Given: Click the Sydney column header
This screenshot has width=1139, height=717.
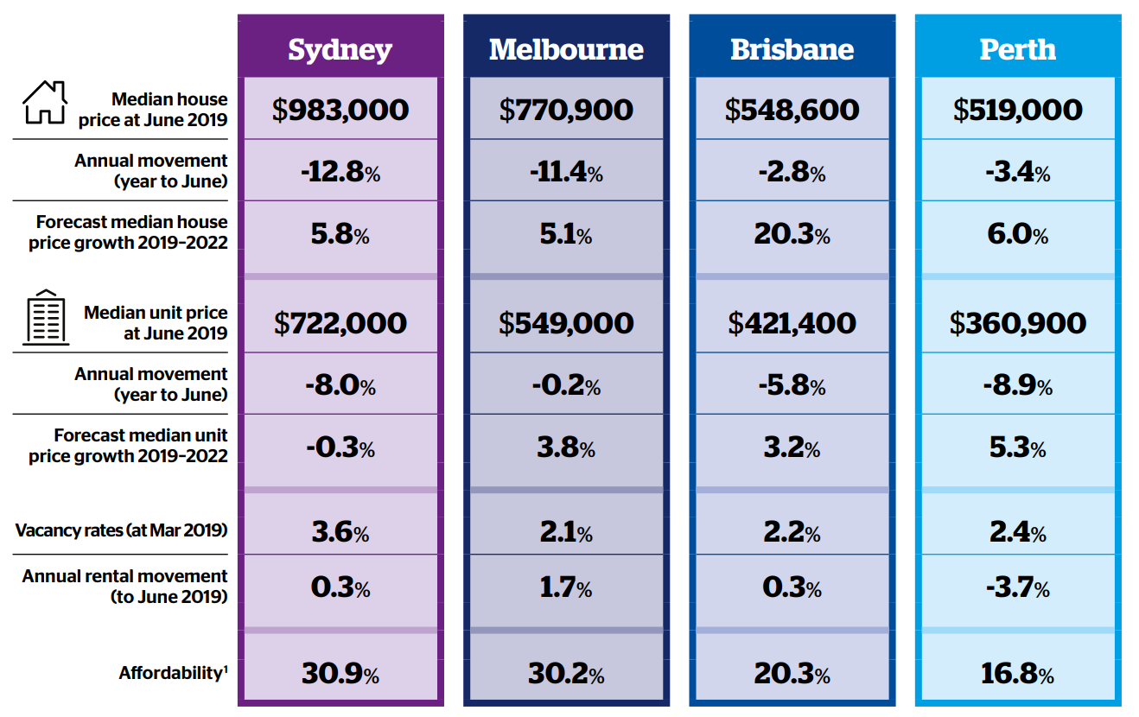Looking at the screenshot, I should [x=340, y=49].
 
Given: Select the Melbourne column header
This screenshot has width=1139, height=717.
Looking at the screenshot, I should [x=566, y=49].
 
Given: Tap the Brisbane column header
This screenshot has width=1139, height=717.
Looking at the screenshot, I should [x=792, y=49].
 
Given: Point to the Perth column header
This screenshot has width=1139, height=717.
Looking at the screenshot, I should [x=1017, y=49].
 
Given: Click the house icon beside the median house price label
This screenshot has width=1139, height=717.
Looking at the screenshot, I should [x=44, y=103].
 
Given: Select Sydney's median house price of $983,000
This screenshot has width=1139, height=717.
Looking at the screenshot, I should [x=340, y=110].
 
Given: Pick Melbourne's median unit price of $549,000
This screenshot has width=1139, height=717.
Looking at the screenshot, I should [x=566, y=323].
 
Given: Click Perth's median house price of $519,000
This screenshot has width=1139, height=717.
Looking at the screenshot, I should [x=1017, y=110].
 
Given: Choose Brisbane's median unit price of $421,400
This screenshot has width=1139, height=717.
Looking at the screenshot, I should [x=792, y=323].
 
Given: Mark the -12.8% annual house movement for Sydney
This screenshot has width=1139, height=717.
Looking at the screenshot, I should [x=340, y=172].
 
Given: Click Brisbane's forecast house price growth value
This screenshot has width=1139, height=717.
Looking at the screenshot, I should [x=792, y=234].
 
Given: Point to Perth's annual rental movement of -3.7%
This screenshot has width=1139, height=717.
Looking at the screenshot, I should [x=1017, y=588].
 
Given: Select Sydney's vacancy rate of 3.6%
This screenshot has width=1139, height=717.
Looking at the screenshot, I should [x=340, y=532].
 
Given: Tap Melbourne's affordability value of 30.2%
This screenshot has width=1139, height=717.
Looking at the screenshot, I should [x=566, y=674].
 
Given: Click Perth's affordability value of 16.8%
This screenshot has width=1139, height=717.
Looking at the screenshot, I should [x=1017, y=674].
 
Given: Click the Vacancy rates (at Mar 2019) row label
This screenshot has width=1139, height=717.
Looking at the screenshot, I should [x=121, y=530].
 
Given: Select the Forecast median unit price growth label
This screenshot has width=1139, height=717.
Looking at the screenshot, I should [x=128, y=446].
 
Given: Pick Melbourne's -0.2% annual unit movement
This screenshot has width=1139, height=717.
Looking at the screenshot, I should [x=566, y=385].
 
